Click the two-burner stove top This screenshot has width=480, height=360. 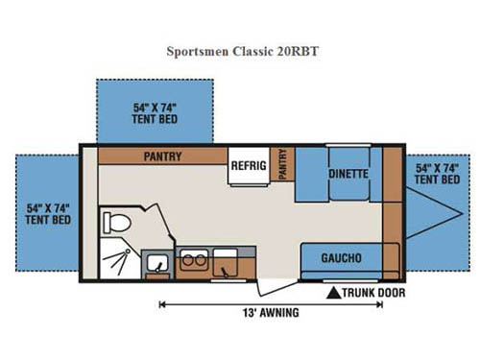(x=192, y=261)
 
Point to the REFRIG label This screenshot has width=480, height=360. (x=247, y=166)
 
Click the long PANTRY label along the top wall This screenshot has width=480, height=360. (x=163, y=155)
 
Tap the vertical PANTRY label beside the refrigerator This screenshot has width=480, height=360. (x=282, y=166)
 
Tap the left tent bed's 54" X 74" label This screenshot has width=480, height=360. (x=47, y=212)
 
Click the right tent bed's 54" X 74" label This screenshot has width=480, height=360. (x=438, y=174)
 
